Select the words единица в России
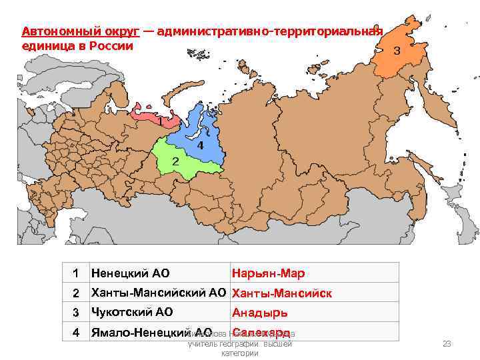[77, 46]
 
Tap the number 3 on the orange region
[397, 51]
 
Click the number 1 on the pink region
[160, 122]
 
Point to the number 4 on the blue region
[199, 145]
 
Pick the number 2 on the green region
[175, 161]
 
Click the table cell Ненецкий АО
[131, 273]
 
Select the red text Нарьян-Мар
[268, 273]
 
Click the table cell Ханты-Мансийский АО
[159, 293]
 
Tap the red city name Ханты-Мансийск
[281, 293]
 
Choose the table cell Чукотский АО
[132, 312]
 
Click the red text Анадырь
[260, 312]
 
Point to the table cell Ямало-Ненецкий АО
[151, 332]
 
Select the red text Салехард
[261, 332]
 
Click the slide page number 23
[447, 343]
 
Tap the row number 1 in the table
[76, 273]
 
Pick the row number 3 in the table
[76, 312]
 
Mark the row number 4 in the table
[76, 332]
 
